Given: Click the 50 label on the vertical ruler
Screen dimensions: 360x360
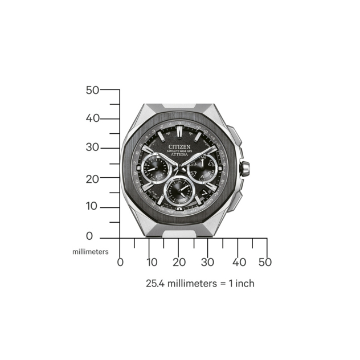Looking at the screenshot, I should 92,90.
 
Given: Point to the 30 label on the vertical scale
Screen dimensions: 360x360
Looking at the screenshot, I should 92,148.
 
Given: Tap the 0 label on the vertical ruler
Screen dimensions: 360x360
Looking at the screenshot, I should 89,236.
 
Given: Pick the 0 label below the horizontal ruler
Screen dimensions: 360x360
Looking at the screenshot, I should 120,263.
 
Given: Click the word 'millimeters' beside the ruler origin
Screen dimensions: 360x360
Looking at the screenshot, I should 90,251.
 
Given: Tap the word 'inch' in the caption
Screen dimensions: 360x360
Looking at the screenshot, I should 243,283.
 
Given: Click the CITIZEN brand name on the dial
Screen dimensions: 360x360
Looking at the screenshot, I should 180,146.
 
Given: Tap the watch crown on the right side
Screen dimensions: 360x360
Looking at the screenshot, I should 247,169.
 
